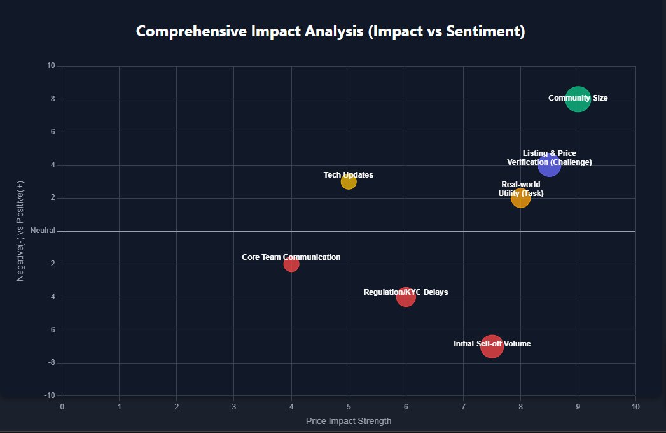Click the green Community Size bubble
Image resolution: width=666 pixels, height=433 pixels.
pyautogui.click(x=578, y=99)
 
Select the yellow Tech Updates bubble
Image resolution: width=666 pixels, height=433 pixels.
pyautogui.click(x=349, y=181)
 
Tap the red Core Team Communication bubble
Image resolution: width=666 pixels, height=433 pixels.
pyautogui.click(x=291, y=264)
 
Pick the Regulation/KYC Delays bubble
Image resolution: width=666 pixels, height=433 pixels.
pyautogui.click(x=406, y=297)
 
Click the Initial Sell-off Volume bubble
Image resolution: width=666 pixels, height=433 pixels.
pyautogui.click(x=492, y=346)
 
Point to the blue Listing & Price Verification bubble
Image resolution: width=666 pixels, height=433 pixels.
pyautogui.click(x=549, y=165)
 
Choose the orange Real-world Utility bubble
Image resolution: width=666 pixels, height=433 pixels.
pyautogui.click(x=520, y=198)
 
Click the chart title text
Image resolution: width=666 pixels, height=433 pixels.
pyautogui.click(x=331, y=31)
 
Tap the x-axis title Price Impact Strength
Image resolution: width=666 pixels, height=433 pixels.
pyautogui.click(x=349, y=421)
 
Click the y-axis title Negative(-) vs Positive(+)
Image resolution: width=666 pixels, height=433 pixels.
pyautogui.click(x=20, y=231)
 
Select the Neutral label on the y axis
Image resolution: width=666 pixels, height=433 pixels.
pyautogui.click(x=43, y=231)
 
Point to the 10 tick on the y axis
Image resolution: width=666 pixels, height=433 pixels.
pyautogui.click(x=51, y=66)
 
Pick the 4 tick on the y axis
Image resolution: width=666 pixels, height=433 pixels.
pyautogui.click(x=53, y=165)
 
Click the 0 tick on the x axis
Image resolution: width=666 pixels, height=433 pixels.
pyautogui.click(x=62, y=406)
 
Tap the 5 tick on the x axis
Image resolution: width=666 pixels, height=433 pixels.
pyautogui.click(x=349, y=406)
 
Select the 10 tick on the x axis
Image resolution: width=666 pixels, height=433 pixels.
pyautogui.click(x=635, y=406)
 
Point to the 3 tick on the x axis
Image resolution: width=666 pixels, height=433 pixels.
pyautogui.click(x=234, y=406)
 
